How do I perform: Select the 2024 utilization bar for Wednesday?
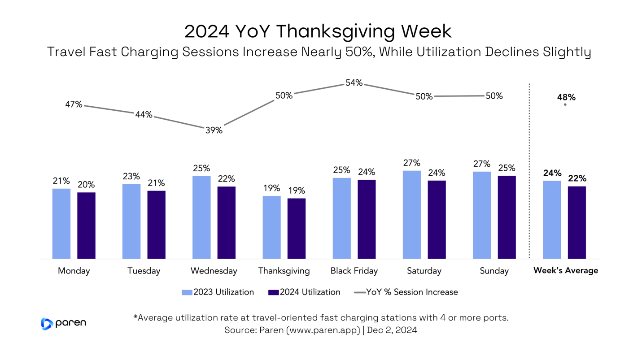pyautogui.click(x=226, y=222)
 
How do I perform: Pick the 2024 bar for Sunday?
pyautogui.click(x=507, y=217)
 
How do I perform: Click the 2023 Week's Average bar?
pyautogui.click(x=552, y=219)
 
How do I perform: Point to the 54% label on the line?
pyautogui.click(x=354, y=83)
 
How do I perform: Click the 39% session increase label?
pyautogui.click(x=214, y=130)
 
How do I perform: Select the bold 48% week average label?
pyautogui.click(x=566, y=97)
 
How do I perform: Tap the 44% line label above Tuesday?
pyautogui.click(x=144, y=115)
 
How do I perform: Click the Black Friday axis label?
pyautogui.click(x=354, y=271)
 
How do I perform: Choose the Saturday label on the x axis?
pyautogui.click(x=424, y=271)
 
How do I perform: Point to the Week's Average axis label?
pyautogui.click(x=565, y=271)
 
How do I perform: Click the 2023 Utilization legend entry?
pyautogui.click(x=218, y=292)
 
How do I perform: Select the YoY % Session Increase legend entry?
pyautogui.click(x=406, y=292)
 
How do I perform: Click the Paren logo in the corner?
pyautogui.click(x=63, y=323)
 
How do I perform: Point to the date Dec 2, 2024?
pyautogui.click(x=392, y=330)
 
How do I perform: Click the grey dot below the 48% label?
pyautogui.click(x=565, y=105)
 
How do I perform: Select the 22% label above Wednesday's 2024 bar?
pyautogui.click(x=226, y=179)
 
